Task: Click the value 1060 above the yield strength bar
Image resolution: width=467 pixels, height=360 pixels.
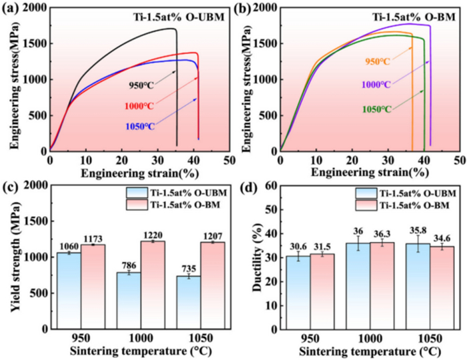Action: (x=69, y=246)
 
